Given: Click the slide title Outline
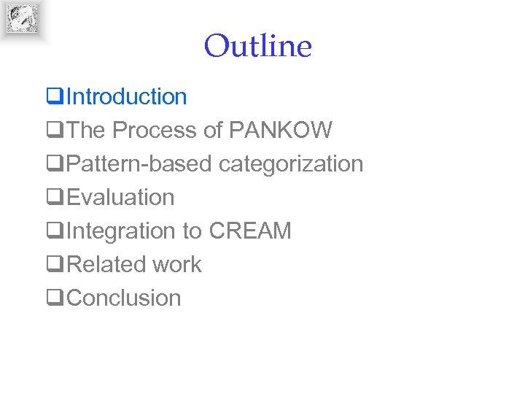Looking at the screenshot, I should pos(257,47).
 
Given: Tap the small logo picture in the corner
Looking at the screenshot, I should pos(23,18).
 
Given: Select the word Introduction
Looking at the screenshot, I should pos(127,96).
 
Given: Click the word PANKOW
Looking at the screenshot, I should pos(281,130).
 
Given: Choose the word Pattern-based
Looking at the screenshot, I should pos(139,163).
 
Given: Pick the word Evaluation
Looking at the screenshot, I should pos(120,197).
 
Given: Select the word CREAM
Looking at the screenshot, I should pos(250,231).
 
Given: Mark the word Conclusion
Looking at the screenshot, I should pos(124,298).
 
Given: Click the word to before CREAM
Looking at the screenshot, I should pos(192,231).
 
